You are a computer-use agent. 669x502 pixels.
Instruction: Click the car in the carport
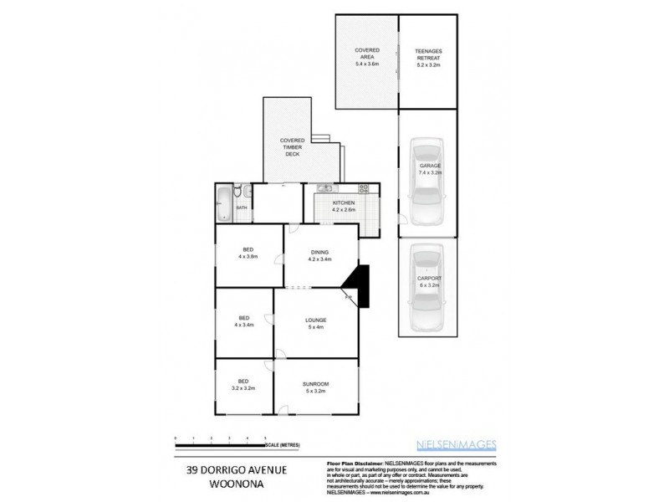(427, 289)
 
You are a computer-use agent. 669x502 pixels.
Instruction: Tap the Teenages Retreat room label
(428, 54)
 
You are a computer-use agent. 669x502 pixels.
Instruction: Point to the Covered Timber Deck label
(291, 147)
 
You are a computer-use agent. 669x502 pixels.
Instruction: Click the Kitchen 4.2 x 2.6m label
(344, 207)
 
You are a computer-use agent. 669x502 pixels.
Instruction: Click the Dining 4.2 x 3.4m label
(320, 255)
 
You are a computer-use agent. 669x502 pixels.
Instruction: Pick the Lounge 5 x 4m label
(315, 323)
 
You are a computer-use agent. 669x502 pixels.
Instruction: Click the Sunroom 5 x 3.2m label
(317, 387)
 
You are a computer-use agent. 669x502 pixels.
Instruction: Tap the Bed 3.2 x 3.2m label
(243, 387)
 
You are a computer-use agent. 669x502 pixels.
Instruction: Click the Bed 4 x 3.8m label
(248, 253)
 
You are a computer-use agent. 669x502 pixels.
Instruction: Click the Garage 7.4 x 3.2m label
(430, 170)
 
